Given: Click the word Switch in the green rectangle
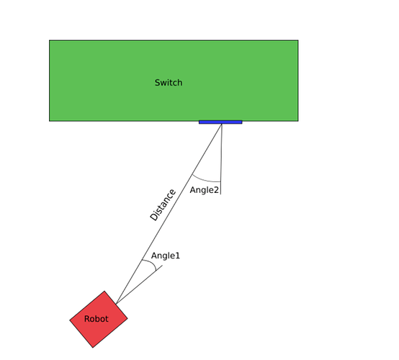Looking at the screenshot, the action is click(169, 83).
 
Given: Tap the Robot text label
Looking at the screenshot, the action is click(97, 319).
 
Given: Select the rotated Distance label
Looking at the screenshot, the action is click(163, 204).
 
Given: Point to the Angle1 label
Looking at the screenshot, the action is click(166, 256).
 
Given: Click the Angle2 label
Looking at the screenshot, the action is click(205, 190).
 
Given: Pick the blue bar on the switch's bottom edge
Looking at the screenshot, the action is click(220, 122).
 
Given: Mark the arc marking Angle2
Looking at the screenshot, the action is click(205, 180).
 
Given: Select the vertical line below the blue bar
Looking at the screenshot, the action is click(221, 159).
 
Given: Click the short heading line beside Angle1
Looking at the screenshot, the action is click(139, 284).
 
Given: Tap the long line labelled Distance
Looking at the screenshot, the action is click(169, 214).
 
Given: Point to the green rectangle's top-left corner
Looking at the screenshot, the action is click(50, 40).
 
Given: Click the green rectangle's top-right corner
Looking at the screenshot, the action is click(298, 40).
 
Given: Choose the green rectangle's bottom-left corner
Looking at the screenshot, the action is click(50, 121).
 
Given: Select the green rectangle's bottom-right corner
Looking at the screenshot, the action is click(298, 121).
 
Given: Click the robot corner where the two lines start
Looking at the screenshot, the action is click(116, 304).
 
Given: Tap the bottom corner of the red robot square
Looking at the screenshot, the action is click(93, 348).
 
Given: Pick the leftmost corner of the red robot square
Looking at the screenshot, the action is click(70, 320).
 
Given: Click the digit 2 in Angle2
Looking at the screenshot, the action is click(217, 190).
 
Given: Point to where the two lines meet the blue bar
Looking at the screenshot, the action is click(222, 124).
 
